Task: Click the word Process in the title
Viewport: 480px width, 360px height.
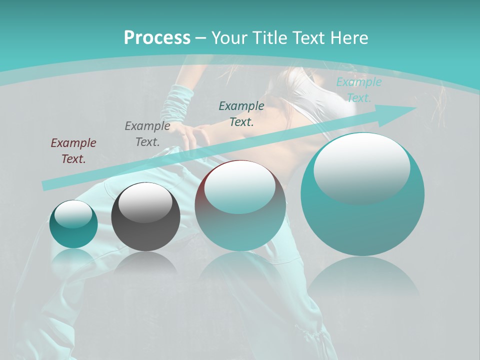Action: tap(157, 37)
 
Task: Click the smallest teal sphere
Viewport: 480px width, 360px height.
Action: tap(73, 224)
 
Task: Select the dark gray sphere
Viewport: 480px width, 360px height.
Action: tap(145, 217)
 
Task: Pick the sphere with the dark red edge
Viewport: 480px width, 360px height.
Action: tap(240, 205)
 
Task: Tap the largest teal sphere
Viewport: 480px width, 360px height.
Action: tap(362, 194)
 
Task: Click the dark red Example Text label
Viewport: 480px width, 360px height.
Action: tap(73, 151)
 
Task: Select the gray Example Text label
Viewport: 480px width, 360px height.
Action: tap(147, 134)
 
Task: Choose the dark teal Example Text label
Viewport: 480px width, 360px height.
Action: tap(241, 113)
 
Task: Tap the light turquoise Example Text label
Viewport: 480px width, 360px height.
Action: tap(358, 90)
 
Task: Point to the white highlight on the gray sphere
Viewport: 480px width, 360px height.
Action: tap(145, 202)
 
